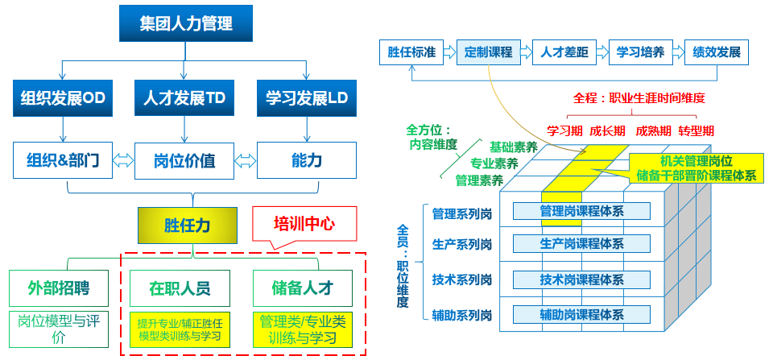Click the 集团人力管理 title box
click(187, 23)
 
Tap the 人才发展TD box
click(184, 98)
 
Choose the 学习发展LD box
click(306, 98)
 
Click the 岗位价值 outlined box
click(184, 159)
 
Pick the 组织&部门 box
click(63, 159)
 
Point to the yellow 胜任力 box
click(188, 225)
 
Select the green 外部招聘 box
click(59, 288)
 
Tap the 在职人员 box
click(180, 288)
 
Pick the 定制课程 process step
click(489, 53)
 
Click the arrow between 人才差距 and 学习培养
click(601, 53)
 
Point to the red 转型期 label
click(696, 130)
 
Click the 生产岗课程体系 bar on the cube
click(581, 244)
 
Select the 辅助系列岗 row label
click(461, 314)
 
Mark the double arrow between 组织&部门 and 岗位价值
click(123, 159)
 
